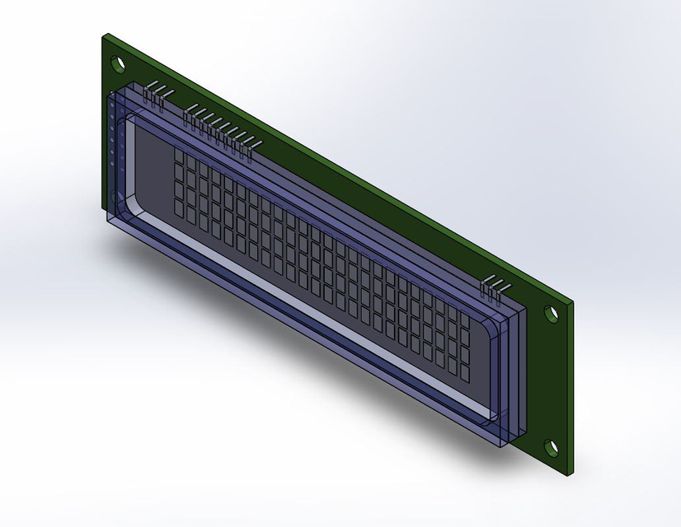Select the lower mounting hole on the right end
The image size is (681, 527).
coord(551,447)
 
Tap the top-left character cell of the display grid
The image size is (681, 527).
coord(179,157)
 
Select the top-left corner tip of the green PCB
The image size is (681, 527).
coord(104,35)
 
